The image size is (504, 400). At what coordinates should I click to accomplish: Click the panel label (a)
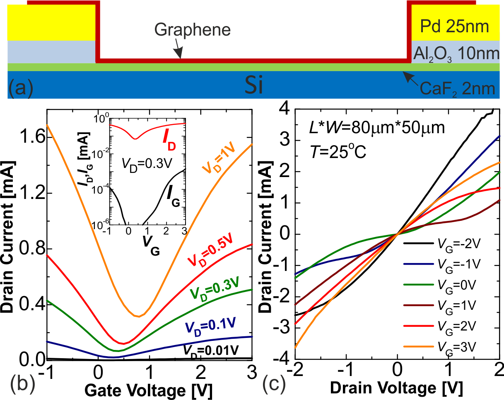(x=21, y=88)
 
